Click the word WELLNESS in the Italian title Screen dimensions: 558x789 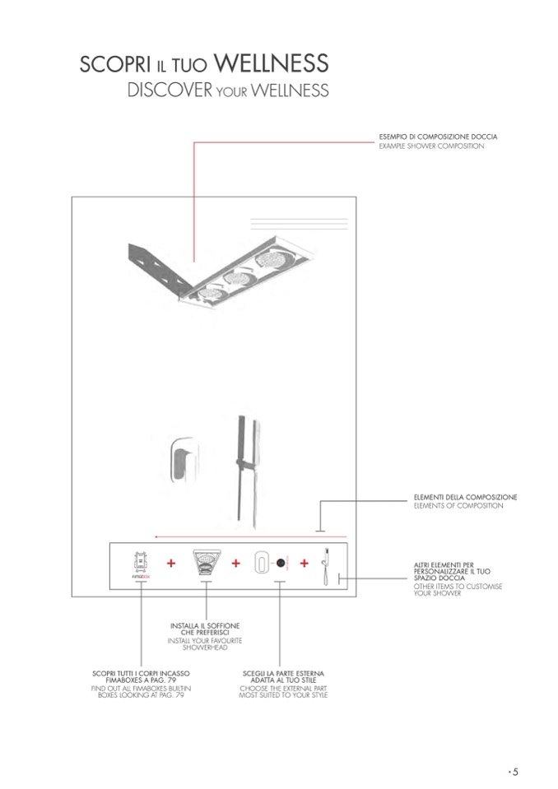pos(272,63)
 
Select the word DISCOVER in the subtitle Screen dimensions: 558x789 pos(170,91)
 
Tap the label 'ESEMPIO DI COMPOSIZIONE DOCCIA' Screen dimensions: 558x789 pos(438,137)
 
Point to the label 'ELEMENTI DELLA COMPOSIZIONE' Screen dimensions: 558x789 pos(466,497)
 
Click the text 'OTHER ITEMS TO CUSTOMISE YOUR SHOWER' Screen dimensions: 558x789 pos(458,590)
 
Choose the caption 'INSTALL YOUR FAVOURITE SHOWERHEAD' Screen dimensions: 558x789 pos(205,644)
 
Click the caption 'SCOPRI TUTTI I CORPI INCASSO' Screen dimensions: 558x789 pos(141,673)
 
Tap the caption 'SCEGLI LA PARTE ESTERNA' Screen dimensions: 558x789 pos(283,673)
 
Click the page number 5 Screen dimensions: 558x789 pos(515,772)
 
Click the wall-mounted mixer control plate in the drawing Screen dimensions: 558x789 pos(184,460)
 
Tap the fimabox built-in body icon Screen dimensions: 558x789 pos(141,564)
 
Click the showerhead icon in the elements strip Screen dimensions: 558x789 pos(205,563)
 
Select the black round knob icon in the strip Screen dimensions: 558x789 pos(281,563)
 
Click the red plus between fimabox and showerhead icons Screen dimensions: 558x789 pos(171,563)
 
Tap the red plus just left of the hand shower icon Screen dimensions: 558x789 pos(304,563)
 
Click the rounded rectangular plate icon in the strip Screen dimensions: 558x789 pos(262,563)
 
